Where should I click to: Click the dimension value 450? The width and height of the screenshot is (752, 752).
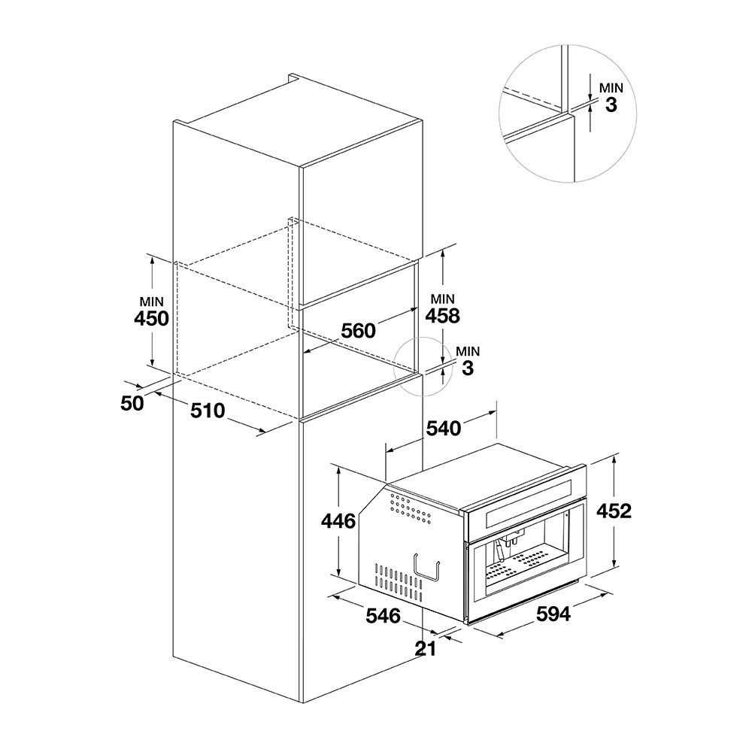point(152,319)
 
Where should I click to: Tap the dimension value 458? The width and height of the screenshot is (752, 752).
point(442,316)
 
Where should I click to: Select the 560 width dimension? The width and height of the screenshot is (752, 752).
point(358,330)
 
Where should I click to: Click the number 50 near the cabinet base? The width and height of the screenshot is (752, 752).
point(132,403)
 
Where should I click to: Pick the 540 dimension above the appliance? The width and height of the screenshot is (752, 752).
point(444,428)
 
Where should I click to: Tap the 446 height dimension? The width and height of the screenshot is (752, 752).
point(338,521)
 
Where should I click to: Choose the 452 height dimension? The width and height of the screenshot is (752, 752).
point(614,511)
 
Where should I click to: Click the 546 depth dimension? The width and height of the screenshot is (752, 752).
point(384,615)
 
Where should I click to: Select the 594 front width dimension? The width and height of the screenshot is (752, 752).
point(553,614)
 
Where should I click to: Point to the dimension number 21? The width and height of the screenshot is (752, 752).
point(426,648)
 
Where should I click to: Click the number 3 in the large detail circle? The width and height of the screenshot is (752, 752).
point(611,105)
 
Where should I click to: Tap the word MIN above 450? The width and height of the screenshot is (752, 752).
point(152,302)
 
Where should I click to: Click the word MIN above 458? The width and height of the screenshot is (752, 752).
point(443,299)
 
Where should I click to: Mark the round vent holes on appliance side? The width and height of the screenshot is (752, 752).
point(411,510)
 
